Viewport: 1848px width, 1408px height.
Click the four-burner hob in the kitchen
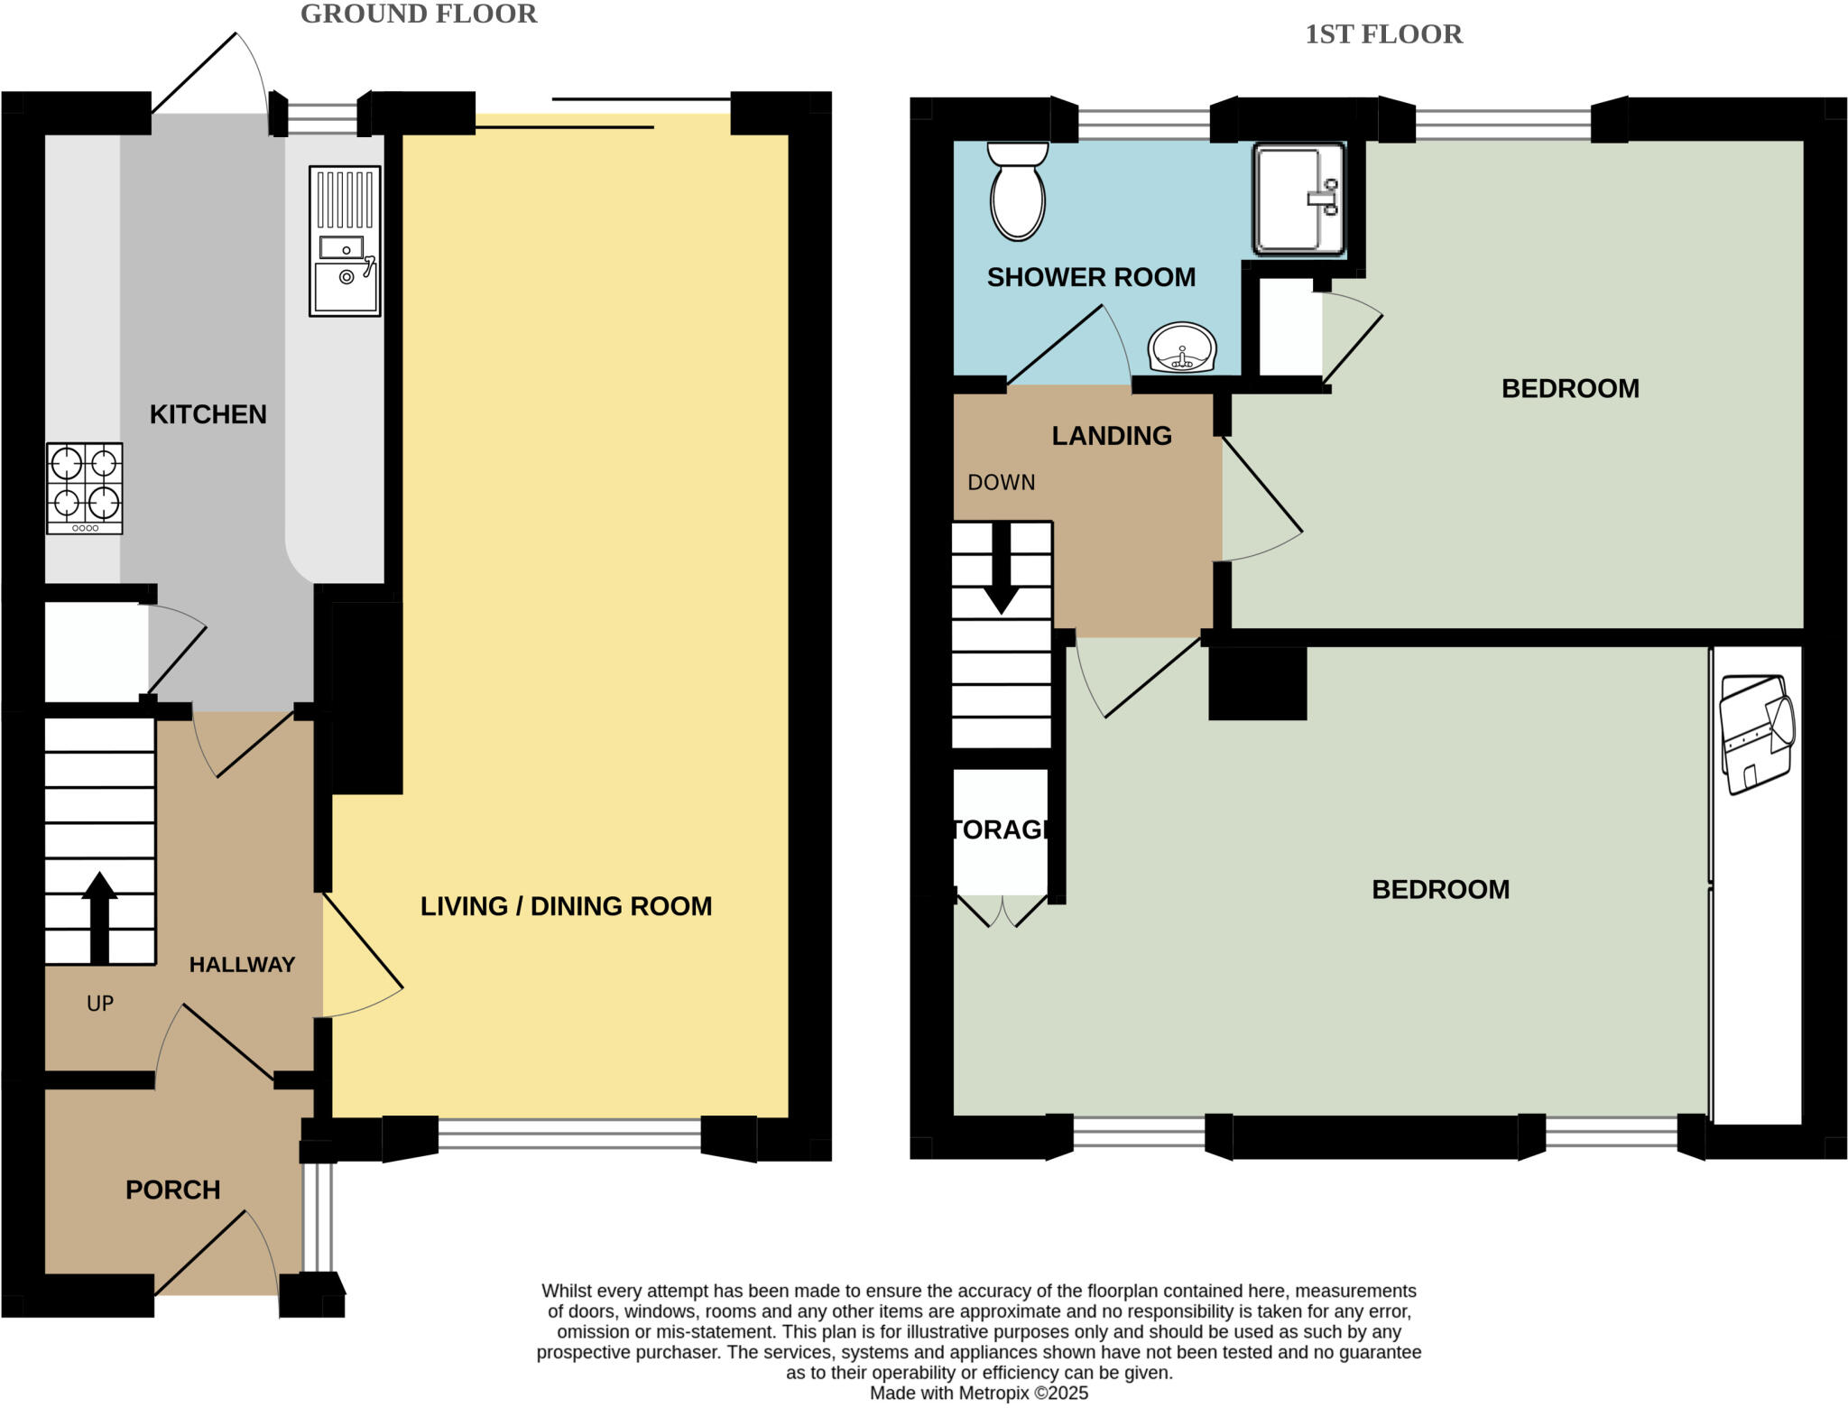[x=85, y=487]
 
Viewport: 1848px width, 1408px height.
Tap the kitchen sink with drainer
[x=345, y=241]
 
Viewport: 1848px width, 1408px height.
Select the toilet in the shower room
[x=1018, y=191]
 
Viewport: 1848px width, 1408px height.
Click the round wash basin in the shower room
[x=1182, y=347]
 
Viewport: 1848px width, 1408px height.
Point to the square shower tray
[x=1298, y=199]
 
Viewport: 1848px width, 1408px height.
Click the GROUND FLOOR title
[x=419, y=14]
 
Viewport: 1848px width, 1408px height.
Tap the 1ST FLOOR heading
[x=1383, y=34]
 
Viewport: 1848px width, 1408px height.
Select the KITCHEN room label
[x=208, y=414]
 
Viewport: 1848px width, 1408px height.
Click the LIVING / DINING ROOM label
[x=566, y=906]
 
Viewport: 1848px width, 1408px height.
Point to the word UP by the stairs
[x=100, y=1004]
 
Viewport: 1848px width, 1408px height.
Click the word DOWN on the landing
[x=1001, y=482]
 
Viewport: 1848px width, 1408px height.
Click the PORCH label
[x=172, y=1190]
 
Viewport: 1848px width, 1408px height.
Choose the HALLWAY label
[x=242, y=964]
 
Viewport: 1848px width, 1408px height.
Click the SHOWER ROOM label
[x=1091, y=277]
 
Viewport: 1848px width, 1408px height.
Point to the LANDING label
[x=1112, y=436]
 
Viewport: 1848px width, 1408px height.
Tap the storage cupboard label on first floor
[x=1001, y=829]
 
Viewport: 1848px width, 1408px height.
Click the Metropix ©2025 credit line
[x=978, y=1393]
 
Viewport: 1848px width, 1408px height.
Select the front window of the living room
[x=569, y=1134]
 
